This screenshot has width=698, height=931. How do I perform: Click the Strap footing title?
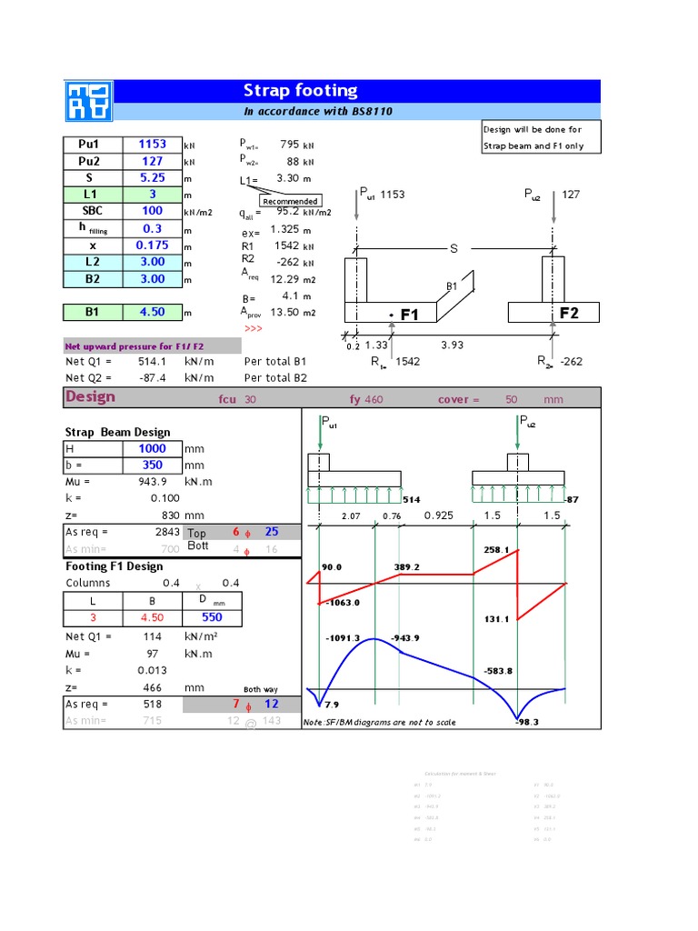coord(300,90)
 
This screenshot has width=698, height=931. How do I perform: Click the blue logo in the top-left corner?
coord(86,100)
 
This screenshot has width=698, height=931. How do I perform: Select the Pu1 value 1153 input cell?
coord(151,145)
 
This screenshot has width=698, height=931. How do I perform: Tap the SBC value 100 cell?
coord(151,211)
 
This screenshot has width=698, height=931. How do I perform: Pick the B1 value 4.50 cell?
coord(151,312)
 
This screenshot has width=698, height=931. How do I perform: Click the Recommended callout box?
coord(291,201)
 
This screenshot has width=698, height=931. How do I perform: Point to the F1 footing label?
coord(409,315)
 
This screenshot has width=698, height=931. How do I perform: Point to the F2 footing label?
coord(569,313)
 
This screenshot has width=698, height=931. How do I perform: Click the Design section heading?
coord(90,396)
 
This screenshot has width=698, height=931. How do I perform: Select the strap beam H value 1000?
coord(151,449)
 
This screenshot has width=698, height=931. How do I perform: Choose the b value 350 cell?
coord(151,465)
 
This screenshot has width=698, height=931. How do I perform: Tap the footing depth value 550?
coord(211,617)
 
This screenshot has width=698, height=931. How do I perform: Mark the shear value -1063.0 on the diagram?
coord(344,602)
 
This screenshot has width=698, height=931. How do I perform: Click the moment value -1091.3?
coord(342,638)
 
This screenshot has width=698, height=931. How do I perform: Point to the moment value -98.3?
coord(527,722)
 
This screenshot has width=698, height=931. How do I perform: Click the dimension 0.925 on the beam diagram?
coord(438,516)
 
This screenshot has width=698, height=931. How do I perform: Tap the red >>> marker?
coord(253,328)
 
